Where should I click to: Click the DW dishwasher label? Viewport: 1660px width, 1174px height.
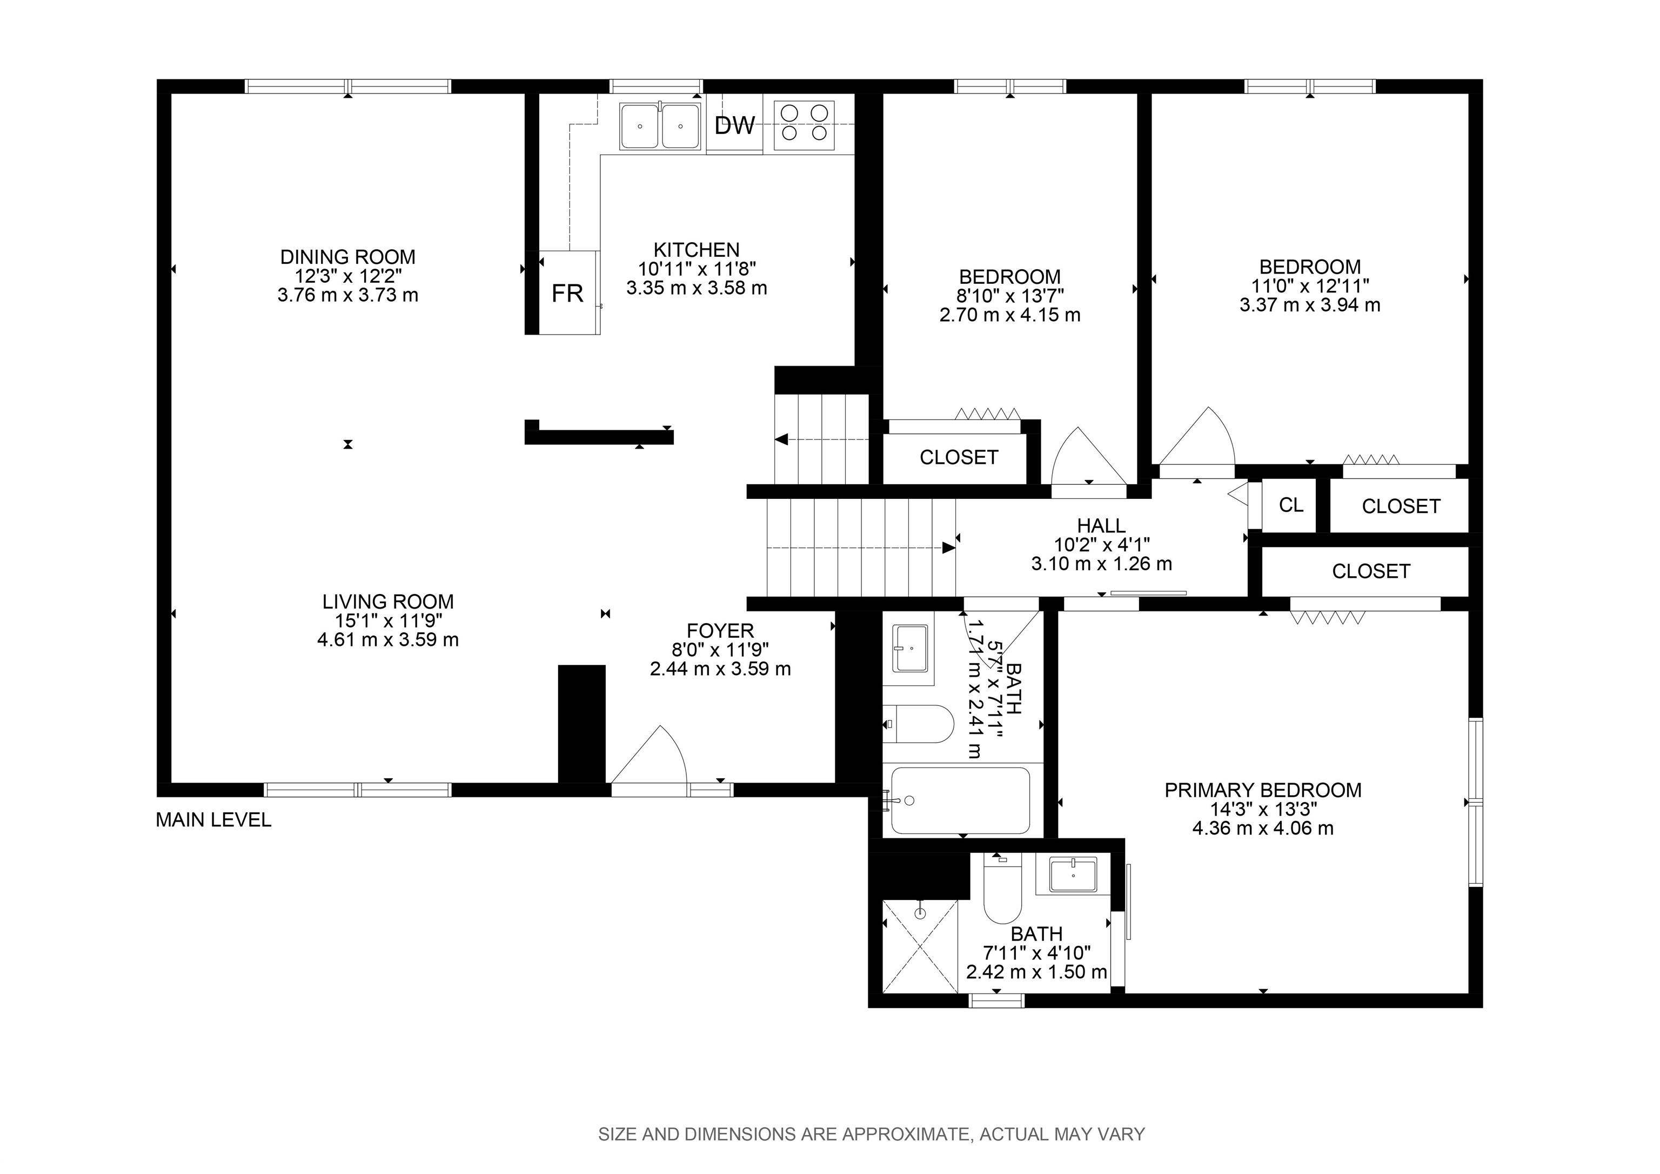[x=734, y=126]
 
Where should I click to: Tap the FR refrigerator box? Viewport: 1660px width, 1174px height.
[x=570, y=292]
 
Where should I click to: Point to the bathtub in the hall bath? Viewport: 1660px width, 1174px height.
[x=960, y=801]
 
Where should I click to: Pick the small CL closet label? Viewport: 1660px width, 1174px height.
[x=1291, y=505]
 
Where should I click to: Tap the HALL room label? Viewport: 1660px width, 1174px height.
[x=1101, y=526]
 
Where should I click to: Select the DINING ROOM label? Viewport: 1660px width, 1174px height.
[x=348, y=257]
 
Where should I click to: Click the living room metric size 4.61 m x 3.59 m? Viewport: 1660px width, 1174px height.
[x=388, y=639]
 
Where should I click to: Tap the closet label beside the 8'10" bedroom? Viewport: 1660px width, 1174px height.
[x=959, y=457]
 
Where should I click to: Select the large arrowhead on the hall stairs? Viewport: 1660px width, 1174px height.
[x=948, y=548]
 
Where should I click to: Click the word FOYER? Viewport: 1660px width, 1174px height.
[x=720, y=631]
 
